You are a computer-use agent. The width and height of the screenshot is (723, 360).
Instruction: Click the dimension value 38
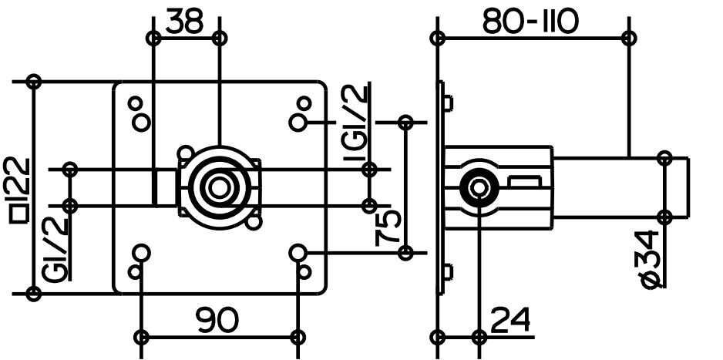coord(184,21)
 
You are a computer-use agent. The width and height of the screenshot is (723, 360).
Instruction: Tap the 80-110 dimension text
coord(530,22)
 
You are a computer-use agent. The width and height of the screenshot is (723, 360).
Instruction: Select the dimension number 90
coord(217,320)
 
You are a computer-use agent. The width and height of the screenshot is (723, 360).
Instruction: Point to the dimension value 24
coord(510,319)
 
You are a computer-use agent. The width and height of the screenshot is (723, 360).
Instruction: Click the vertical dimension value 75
coord(387,227)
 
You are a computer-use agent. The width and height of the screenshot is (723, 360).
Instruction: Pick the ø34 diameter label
coord(650,260)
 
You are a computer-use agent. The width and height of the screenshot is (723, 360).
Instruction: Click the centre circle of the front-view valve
coord(219,187)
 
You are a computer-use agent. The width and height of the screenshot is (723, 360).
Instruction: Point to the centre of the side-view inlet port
coord(479,187)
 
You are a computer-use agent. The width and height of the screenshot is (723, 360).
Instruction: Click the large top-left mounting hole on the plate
coord(141,123)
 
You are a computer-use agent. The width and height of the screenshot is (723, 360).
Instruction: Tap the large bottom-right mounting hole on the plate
coord(298,253)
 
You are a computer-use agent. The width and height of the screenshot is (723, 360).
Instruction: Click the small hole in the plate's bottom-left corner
coord(135,272)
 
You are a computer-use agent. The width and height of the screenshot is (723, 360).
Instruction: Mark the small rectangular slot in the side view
coord(524,180)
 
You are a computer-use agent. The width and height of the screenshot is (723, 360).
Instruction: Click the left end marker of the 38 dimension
coord(153,39)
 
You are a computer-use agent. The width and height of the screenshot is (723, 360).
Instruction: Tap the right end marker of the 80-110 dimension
coord(629,38)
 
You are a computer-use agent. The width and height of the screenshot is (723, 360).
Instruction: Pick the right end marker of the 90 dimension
coord(298,337)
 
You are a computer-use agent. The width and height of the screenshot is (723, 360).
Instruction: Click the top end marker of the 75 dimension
coord(405,123)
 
